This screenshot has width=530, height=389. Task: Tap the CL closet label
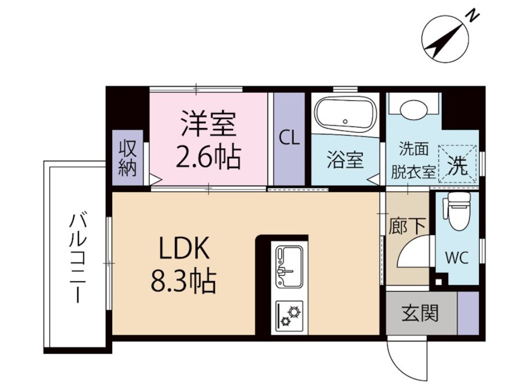(289, 138)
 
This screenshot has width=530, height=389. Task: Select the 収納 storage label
(127, 159)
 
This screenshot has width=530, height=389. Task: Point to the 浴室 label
(345, 161)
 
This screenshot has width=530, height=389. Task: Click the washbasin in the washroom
(413, 109)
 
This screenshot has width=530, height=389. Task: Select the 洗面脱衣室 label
(413, 161)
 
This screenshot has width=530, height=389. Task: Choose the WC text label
(457, 258)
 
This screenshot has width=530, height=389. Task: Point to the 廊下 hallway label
(407, 226)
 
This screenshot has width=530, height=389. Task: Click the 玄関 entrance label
(420, 313)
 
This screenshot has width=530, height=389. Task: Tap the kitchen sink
(289, 266)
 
